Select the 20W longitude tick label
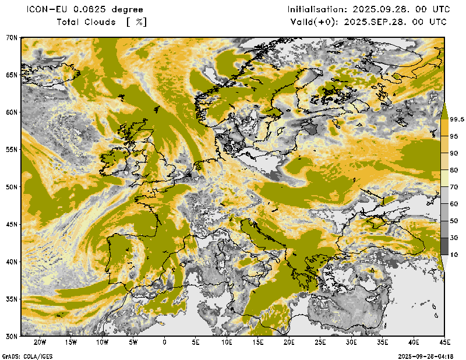[40, 342]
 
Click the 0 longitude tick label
[164, 342]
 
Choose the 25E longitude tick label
[320, 342]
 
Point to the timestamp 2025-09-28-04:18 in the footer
[425, 356]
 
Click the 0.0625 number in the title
[90, 10]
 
